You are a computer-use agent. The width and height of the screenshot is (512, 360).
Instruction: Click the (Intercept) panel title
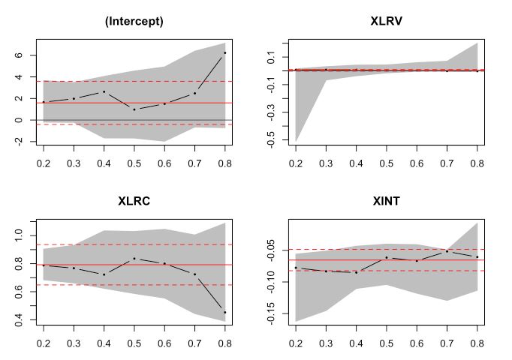click(134, 21)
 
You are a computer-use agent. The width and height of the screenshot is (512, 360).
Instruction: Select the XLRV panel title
click(386, 21)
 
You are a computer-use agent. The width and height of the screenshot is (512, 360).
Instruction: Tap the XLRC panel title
click(134, 201)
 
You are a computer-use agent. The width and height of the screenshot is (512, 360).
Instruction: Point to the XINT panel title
click(386, 201)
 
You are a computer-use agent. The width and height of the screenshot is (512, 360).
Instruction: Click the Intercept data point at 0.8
click(224, 52)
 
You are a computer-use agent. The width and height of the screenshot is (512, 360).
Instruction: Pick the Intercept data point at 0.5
click(134, 109)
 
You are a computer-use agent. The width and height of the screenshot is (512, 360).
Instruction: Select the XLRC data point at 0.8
click(224, 312)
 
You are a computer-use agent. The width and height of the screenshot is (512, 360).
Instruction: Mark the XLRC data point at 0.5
click(134, 259)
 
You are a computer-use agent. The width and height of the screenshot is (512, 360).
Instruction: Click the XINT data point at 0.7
click(447, 251)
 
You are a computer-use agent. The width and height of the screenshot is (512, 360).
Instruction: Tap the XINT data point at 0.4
click(356, 272)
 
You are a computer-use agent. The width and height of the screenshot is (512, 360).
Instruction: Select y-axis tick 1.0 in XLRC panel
click(21, 235)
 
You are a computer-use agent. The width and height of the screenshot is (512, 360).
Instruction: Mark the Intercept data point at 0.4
click(104, 91)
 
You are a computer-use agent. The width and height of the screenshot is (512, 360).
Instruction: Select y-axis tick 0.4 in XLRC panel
click(21, 320)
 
